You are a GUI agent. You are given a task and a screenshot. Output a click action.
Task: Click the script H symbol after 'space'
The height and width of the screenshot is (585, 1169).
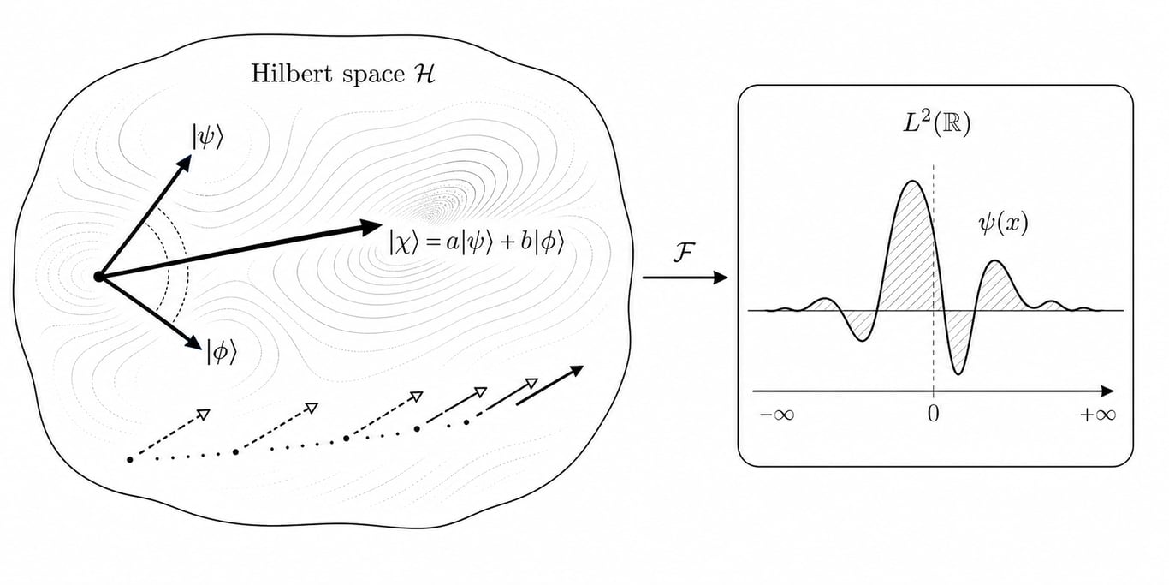pyautogui.click(x=424, y=74)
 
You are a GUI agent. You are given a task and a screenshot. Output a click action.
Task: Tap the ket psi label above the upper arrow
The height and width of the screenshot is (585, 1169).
pyautogui.click(x=208, y=137)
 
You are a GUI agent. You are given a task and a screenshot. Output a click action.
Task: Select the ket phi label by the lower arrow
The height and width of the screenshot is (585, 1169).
pyautogui.click(x=222, y=351)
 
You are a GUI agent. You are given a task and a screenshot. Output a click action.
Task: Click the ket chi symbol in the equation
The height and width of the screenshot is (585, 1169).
pyautogui.click(x=404, y=243)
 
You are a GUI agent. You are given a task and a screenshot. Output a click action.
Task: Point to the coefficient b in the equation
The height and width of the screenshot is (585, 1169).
pyautogui.click(x=526, y=242)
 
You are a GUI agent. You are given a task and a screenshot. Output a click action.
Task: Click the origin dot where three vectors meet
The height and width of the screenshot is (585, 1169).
pyautogui.click(x=98, y=277)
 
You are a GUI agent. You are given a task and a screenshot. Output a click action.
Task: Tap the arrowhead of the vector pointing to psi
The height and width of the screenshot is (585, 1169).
pyautogui.click(x=184, y=162)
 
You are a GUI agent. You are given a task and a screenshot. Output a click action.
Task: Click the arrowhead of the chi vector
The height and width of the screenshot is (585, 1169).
pyautogui.click(x=372, y=227)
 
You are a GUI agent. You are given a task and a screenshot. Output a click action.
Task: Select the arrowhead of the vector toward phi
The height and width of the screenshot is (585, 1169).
pyautogui.click(x=194, y=343)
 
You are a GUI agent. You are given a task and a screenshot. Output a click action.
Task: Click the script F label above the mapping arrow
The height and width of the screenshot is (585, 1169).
pyautogui.click(x=684, y=254)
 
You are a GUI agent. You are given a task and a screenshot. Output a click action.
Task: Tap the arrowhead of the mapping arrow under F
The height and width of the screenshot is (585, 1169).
pyautogui.click(x=721, y=278)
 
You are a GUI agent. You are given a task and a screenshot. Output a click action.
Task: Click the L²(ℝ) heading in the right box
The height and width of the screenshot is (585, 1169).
pyautogui.click(x=937, y=124)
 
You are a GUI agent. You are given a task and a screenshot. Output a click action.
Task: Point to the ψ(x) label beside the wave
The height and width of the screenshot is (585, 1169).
pyautogui.click(x=1003, y=224)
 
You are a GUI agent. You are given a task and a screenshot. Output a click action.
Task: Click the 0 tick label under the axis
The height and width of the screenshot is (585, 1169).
pyautogui.click(x=933, y=415)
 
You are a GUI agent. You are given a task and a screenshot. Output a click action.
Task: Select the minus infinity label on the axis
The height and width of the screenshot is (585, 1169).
pyautogui.click(x=777, y=415)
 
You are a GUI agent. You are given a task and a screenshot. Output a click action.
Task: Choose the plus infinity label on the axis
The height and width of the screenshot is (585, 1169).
pyautogui.click(x=1098, y=415)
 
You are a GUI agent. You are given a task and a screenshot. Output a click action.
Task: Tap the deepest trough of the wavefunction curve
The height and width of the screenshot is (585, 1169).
pyautogui.click(x=958, y=373)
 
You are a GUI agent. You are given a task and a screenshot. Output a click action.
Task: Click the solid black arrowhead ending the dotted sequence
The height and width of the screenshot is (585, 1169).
pyautogui.click(x=576, y=370)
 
